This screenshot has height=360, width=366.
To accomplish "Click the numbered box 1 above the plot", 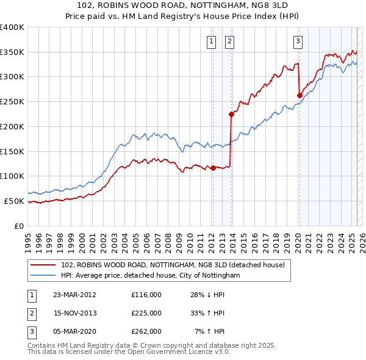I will [211, 41].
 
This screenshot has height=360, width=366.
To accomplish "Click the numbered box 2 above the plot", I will [229, 41].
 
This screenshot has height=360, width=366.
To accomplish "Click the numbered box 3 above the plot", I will [298, 41].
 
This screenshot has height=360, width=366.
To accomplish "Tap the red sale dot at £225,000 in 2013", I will [232, 114].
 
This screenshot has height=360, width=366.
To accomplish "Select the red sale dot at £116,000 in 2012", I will [213, 168].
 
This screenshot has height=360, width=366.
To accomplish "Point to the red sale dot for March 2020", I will [300, 95].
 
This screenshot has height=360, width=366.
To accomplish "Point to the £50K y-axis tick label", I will [15, 201].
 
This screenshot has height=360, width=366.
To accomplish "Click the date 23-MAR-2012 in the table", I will [75, 295].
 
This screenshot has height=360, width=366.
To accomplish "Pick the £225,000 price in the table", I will [146, 313].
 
